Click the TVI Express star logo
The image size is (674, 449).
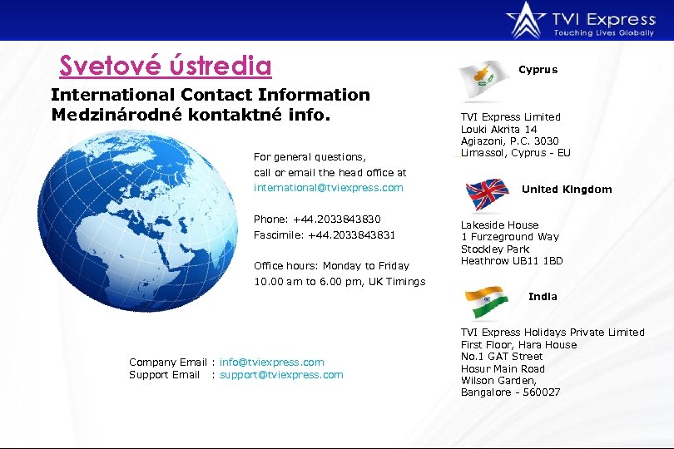tap(526, 18)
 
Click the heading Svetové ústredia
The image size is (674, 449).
tap(166, 65)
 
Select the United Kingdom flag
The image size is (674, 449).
tap(488, 194)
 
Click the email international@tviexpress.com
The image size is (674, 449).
tap(328, 188)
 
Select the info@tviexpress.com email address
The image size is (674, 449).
tap(272, 363)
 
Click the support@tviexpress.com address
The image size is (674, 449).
tap(281, 375)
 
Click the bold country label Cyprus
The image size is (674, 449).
tap(538, 70)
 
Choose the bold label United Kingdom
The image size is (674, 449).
tap(567, 190)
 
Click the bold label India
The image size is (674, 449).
tap(543, 297)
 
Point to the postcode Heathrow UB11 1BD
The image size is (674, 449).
tap(512, 261)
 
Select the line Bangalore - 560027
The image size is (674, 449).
tap(511, 392)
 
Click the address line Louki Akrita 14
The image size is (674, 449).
tap(499, 130)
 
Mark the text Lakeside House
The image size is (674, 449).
tap(500, 225)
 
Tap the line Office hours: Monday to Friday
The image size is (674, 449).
tap(331, 266)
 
